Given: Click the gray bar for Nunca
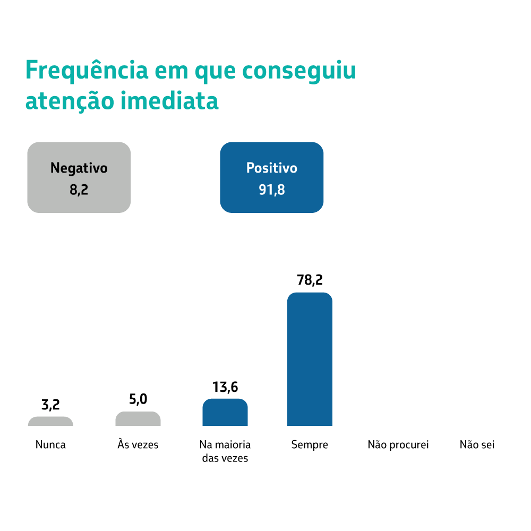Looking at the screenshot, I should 50,421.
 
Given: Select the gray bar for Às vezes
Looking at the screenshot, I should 138,419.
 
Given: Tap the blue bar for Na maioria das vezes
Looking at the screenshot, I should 225,413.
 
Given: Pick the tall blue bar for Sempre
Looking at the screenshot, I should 310,359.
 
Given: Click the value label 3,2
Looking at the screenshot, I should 50,405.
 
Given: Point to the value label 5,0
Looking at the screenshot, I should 138,399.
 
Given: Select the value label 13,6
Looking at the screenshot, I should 225,387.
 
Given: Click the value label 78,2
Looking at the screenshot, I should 310,280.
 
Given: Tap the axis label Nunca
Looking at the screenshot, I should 50,444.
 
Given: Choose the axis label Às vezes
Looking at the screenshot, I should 138,444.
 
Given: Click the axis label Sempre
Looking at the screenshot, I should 310,445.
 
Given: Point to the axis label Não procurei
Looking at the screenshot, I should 398,444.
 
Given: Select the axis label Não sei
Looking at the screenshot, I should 477,444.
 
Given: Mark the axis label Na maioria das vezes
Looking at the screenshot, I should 225,451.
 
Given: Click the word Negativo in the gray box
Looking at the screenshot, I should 79,168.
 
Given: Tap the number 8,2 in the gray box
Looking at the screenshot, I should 79,190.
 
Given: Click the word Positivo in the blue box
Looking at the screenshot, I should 271,168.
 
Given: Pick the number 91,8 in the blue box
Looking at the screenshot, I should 271,190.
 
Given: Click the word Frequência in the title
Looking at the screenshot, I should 85,71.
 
